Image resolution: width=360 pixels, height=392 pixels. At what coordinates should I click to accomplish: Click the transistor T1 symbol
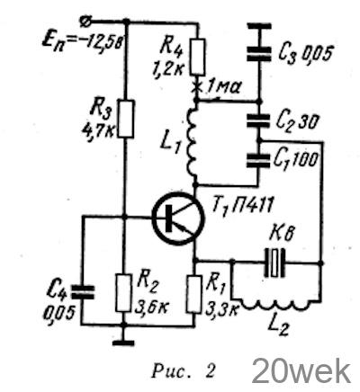[178, 218]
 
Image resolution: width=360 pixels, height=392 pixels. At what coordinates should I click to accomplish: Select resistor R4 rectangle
[198, 57]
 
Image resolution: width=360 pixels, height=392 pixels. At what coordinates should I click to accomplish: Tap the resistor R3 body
[126, 119]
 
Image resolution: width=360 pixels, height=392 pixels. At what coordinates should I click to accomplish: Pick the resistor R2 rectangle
[124, 293]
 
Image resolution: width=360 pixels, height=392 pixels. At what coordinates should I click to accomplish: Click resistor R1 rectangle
[194, 295]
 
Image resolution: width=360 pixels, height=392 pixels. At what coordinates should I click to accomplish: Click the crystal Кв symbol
[274, 263]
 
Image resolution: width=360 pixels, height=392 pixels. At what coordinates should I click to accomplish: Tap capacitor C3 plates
[259, 54]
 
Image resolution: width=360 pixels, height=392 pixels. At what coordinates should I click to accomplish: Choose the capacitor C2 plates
[259, 120]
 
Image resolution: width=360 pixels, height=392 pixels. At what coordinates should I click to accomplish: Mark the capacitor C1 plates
[258, 160]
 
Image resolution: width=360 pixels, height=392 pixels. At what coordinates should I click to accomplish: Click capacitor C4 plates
[82, 292]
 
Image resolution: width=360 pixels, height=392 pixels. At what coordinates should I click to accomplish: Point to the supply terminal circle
[84, 22]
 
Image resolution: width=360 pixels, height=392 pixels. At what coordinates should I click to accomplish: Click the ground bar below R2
[123, 343]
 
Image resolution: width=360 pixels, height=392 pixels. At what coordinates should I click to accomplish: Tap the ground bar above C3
[259, 26]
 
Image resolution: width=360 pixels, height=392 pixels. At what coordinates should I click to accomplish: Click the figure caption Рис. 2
[184, 371]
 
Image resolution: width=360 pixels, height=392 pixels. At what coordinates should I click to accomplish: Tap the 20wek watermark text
[301, 371]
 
